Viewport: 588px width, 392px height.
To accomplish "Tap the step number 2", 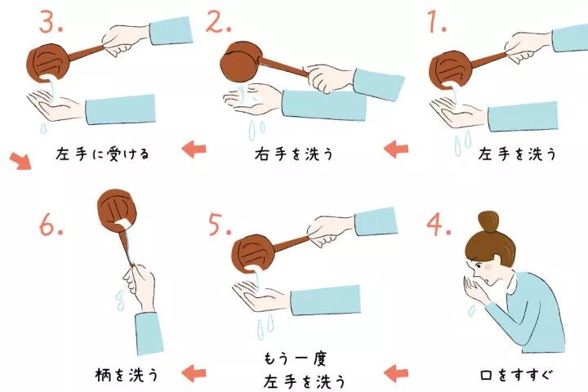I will (x=219, y=24).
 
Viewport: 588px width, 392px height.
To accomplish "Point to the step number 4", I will (x=438, y=225).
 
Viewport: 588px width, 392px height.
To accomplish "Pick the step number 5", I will (x=219, y=225).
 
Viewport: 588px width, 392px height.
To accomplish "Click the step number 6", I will (x=50, y=225).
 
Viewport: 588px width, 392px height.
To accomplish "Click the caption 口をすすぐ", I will (x=516, y=376).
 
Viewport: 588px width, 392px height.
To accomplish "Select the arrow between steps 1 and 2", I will (x=395, y=149).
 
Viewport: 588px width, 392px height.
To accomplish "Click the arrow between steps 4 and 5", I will (x=395, y=374).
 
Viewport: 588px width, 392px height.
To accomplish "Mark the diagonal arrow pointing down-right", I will (x=22, y=160).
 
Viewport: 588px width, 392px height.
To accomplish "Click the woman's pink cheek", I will (x=488, y=266).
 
